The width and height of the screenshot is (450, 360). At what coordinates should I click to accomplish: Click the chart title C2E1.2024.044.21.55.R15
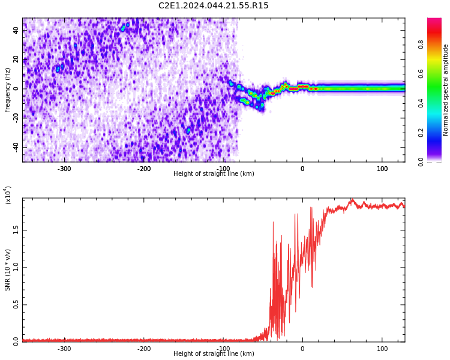213,5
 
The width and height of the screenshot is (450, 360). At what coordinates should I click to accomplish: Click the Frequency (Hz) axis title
7,90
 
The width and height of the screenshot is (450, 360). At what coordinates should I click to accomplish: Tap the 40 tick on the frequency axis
16,30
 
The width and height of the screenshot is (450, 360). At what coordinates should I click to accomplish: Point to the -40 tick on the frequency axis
16,147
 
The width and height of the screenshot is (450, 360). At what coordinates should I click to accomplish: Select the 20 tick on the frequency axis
16,59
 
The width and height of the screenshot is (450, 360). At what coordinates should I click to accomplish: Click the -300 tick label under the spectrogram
64,169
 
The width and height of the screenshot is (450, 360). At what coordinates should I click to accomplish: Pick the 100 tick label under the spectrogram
382,169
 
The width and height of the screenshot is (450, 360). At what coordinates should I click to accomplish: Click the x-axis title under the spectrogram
214,173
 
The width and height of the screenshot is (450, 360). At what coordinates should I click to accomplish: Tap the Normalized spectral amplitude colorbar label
445,90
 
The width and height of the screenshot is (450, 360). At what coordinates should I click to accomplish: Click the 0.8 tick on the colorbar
421,45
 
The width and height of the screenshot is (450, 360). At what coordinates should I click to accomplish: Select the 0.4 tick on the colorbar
421,103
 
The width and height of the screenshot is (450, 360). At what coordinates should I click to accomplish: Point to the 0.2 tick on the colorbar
421,133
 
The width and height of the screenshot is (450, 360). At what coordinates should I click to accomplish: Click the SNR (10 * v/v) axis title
7,270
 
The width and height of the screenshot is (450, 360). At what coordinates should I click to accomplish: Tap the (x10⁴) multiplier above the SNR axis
8,195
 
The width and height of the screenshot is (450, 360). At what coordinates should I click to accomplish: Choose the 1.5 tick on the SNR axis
16,230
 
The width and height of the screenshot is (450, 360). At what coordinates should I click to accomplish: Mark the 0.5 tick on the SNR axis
16,305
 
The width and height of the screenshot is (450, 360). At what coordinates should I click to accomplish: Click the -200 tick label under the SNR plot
143,349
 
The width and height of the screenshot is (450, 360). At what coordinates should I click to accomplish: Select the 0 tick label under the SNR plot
302,349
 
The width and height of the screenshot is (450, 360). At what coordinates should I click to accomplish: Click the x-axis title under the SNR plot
214,353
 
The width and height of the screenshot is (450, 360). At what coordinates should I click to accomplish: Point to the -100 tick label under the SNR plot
223,349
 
